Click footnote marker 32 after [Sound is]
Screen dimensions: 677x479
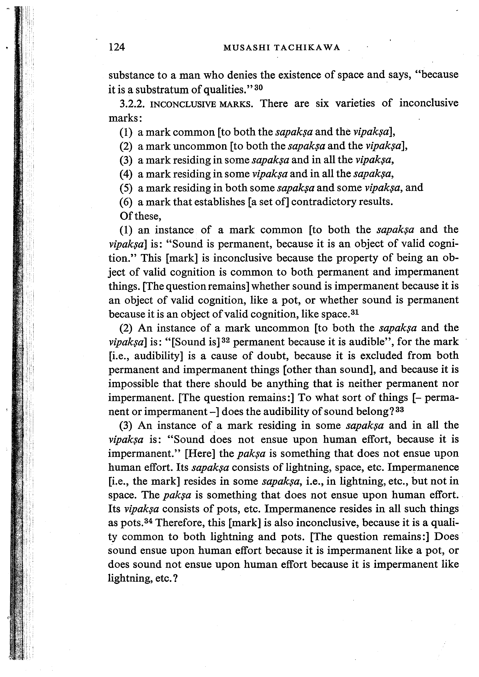[226, 340]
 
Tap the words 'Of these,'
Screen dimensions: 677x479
[140, 216]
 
